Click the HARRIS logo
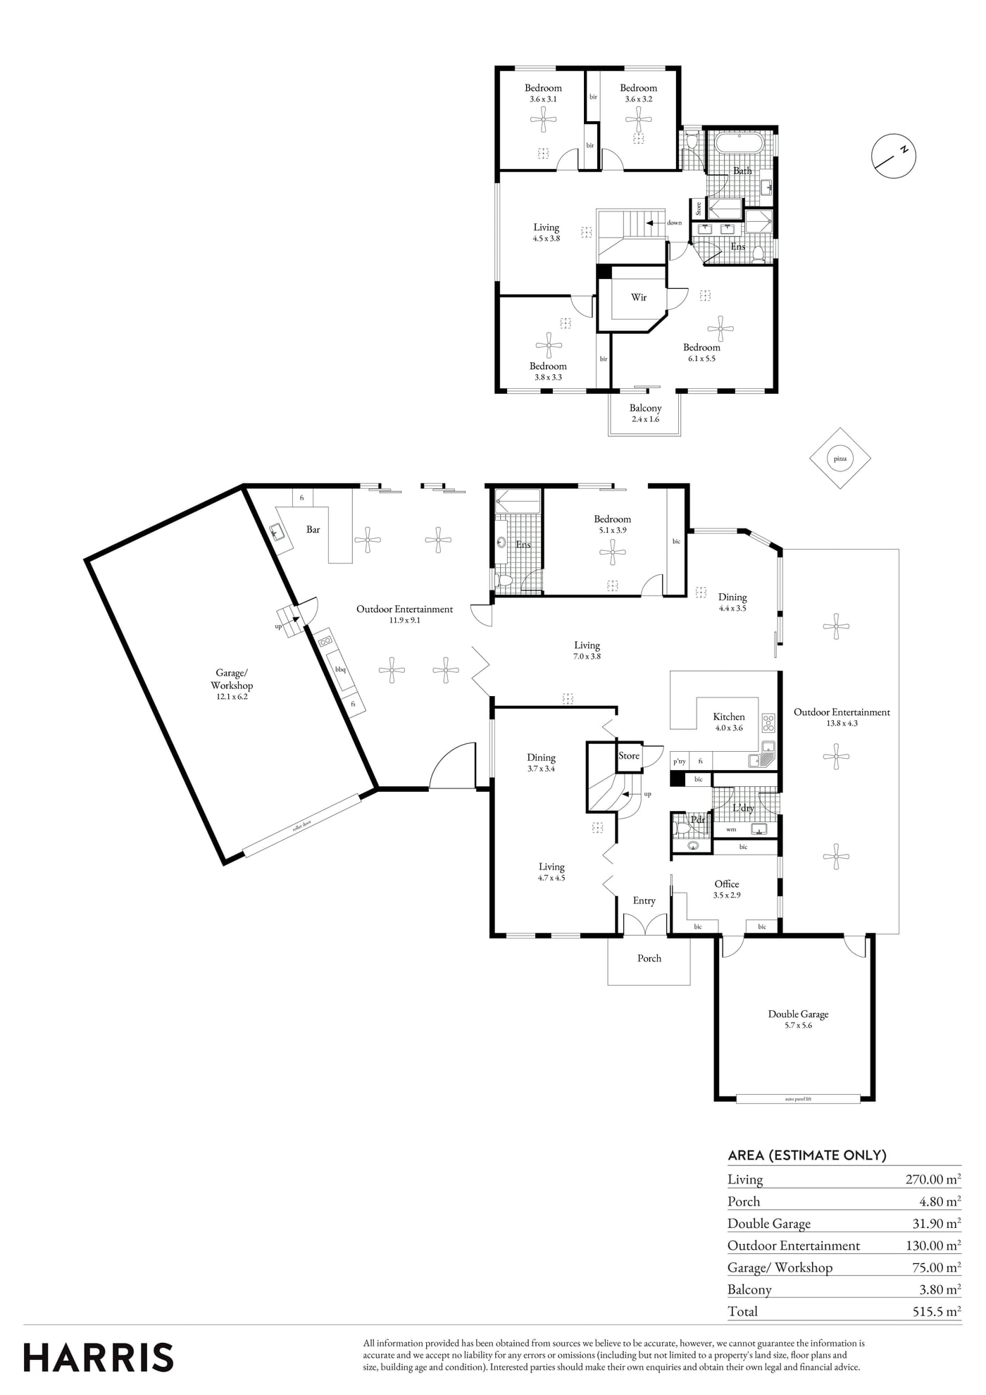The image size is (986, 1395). click(99, 1358)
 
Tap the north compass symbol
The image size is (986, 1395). click(894, 155)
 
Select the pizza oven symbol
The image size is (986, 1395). click(840, 458)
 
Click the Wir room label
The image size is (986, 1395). click(639, 297)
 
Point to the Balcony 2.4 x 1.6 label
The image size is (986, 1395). click(645, 414)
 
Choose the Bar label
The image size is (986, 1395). click(313, 530)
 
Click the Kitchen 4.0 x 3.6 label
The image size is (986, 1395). click(729, 722)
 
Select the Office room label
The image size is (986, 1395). click(727, 884)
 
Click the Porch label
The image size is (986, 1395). click(649, 958)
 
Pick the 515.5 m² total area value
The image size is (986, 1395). click(933, 1311)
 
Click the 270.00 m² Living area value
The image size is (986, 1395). click(933, 1179)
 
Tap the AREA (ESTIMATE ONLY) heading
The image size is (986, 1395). click(807, 1155)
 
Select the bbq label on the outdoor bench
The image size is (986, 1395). click(341, 669)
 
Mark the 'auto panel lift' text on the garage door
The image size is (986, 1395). click(798, 1098)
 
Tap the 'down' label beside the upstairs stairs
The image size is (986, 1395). click(674, 223)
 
